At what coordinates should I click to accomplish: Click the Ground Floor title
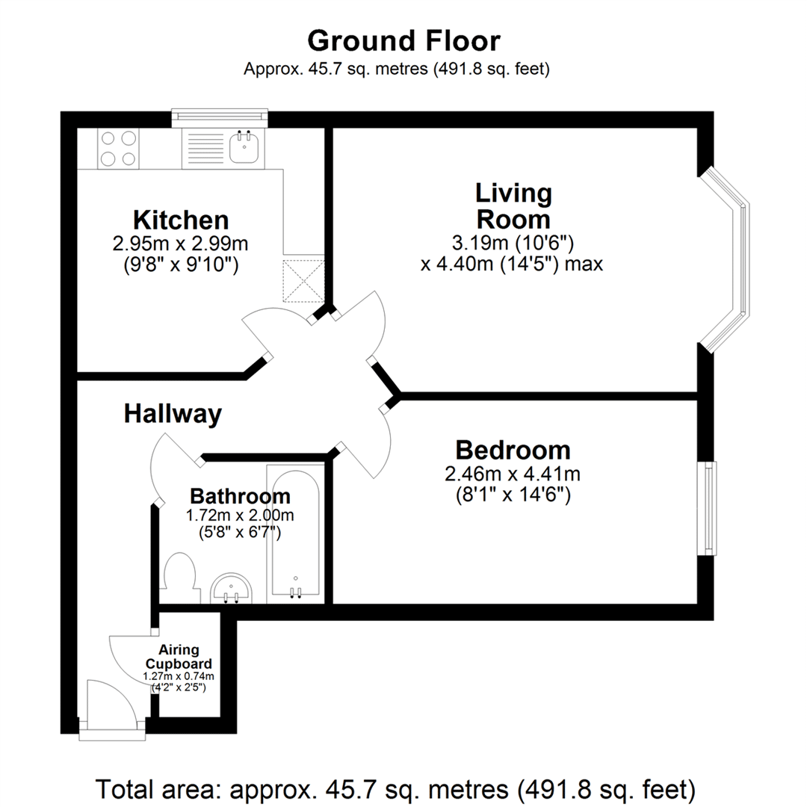(403, 41)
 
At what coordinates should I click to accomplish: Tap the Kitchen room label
(181, 220)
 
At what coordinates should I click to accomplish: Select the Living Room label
(513, 206)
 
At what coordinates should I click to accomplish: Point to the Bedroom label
(513, 451)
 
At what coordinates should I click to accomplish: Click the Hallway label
(173, 414)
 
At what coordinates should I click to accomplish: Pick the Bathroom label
(241, 497)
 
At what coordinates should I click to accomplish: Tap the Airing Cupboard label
(179, 657)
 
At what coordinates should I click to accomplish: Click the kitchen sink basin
(244, 146)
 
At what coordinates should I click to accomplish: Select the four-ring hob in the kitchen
(118, 148)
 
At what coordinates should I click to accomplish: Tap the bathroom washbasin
(232, 588)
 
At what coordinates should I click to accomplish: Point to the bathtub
(295, 534)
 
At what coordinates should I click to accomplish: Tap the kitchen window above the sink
(220, 118)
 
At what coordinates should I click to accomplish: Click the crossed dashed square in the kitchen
(303, 281)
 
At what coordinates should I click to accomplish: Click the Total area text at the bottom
(396, 789)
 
